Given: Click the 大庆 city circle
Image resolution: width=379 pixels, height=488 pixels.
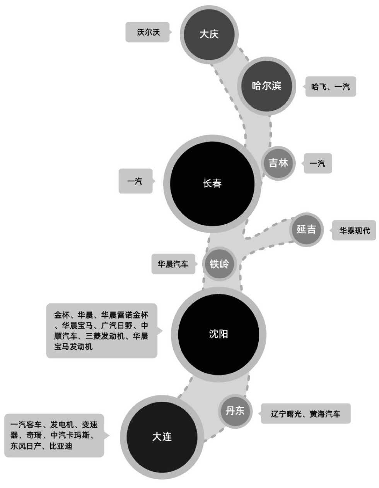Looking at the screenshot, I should (209, 34).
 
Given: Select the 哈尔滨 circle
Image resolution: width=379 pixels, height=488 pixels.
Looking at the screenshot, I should (266, 86).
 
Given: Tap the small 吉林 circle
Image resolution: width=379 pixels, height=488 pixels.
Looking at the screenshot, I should (278, 163).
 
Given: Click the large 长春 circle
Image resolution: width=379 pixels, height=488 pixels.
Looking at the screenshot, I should (212, 183).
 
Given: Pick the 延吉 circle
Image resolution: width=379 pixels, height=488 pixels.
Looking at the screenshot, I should (306, 229).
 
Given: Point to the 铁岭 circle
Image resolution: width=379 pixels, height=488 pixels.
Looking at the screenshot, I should (219, 264).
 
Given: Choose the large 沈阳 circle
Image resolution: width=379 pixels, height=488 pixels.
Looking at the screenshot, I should (219, 334).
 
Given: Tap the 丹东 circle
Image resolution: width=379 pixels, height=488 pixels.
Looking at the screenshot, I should (235, 411).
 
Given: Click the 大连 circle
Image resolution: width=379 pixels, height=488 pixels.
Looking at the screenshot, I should (162, 437).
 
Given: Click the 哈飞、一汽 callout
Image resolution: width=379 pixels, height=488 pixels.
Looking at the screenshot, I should (331, 87).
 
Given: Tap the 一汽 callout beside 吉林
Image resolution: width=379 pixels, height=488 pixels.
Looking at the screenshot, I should (318, 163).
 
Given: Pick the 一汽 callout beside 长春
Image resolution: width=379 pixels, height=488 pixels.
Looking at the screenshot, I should (135, 181).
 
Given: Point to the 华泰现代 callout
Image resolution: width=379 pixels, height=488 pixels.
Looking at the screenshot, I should (354, 231).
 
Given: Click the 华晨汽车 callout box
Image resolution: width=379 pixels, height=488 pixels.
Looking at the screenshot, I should (173, 264).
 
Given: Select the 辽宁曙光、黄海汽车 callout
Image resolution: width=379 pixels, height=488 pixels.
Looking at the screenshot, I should (306, 414).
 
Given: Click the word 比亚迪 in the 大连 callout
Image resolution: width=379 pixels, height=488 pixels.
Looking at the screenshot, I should (61, 446).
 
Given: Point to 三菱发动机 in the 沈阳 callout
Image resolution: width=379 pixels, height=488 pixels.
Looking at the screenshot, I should (105, 336).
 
